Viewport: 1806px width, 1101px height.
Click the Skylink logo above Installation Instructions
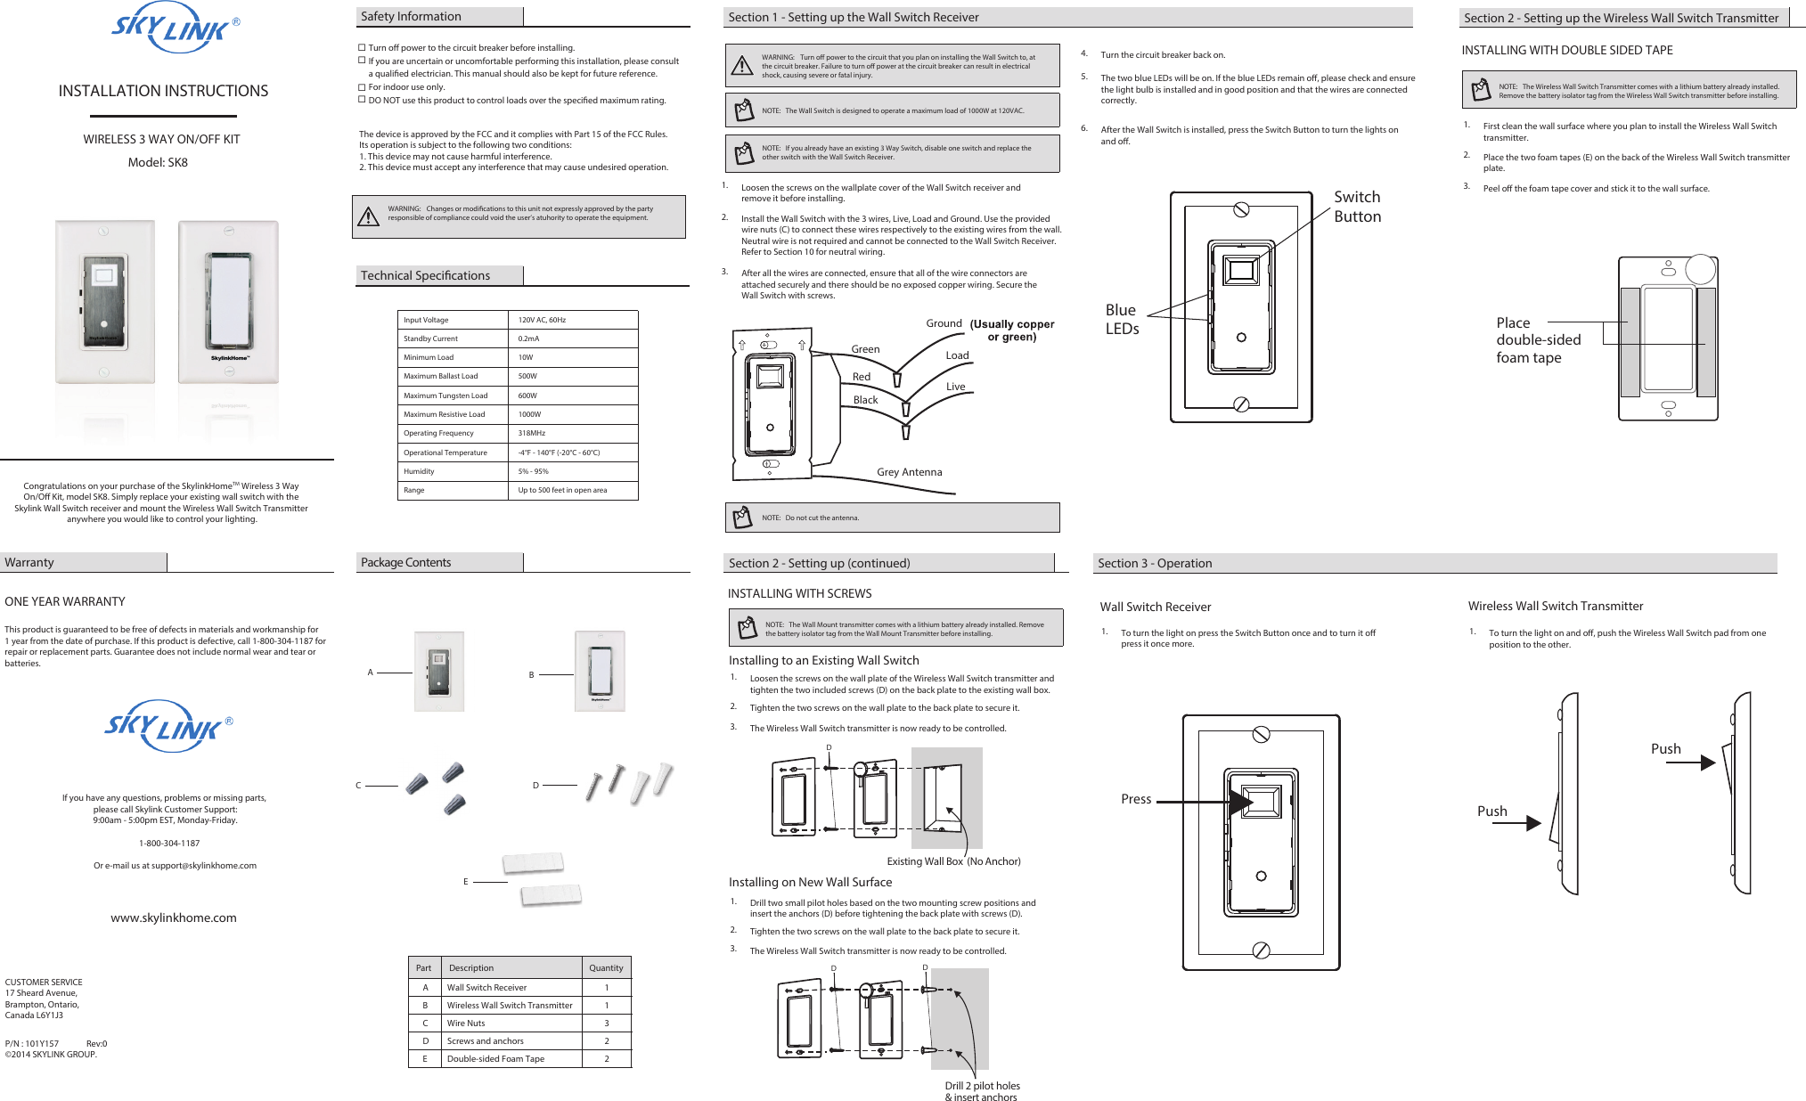click(174, 29)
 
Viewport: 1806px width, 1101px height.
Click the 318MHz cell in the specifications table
click(532, 433)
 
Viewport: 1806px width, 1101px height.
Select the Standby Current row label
click(430, 338)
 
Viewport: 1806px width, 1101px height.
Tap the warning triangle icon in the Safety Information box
click(368, 216)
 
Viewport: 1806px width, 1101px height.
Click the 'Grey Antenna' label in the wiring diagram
click(909, 472)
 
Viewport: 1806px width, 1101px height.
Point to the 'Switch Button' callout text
click(1357, 207)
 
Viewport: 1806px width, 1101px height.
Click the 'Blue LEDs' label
click(1122, 319)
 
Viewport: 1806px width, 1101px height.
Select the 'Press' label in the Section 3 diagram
click(1136, 799)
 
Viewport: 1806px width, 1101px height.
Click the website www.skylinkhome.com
click(174, 917)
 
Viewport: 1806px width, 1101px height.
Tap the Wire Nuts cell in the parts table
click(466, 1023)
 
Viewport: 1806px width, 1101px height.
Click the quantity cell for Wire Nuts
click(607, 1023)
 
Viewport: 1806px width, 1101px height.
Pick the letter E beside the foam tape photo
click(465, 882)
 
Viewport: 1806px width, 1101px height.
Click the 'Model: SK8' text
click(158, 162)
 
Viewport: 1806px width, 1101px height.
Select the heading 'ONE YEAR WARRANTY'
click(65, 601)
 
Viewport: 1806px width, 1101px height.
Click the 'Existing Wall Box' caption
click(925, 861)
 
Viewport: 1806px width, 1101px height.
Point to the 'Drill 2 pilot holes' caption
click(982, 1086)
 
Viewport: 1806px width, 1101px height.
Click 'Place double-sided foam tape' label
click(1538, 340)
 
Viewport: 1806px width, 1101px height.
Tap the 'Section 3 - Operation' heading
click(1155, 563)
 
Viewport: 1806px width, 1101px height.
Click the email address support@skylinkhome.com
click(203, 865)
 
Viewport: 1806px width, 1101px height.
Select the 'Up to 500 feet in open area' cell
click(562, 490)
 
